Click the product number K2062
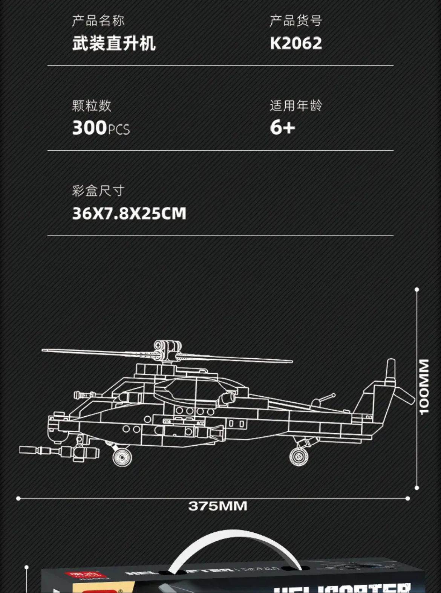click(x=296, y=43)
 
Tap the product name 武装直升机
click(x=114, y=43)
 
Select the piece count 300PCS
click(x=101, y=128)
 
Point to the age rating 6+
click(x=282, y=128)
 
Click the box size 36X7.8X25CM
click(x=129, y=213)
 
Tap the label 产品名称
click(x=98, y=21)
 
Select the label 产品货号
click(x=296, y=21)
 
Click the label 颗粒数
click(x=92, y=105)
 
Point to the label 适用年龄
click(x=296, y=105)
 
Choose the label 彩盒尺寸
click(x=98, y=191)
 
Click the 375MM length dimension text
click(x=217, y=506)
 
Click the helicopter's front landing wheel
click(x=122, y=457)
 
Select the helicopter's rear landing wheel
click(x=299, y=457)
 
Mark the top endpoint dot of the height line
click(x=416, y=290)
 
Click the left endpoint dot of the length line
click(x=18, y=498)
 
